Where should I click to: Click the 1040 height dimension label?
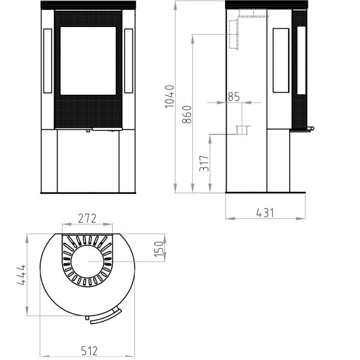169,96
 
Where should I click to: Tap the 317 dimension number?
204,163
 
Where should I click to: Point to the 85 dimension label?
233,95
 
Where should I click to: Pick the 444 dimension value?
20,274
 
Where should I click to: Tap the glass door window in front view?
88,60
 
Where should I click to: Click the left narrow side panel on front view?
47,61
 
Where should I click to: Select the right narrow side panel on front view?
128,61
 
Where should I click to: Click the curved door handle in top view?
107,316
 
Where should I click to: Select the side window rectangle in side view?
281,60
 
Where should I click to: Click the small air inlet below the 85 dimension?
242,129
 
